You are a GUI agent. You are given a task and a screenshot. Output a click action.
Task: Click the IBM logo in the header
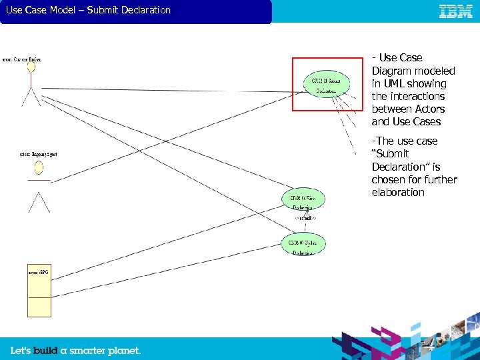coord(456,11)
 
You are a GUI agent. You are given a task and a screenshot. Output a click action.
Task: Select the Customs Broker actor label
coord(23,59)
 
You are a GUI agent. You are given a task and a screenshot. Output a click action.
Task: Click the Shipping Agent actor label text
coord(39,155)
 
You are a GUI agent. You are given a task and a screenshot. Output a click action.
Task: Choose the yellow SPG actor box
coord(39,291)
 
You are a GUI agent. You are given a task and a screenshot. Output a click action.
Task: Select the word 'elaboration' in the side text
coord(398,192)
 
